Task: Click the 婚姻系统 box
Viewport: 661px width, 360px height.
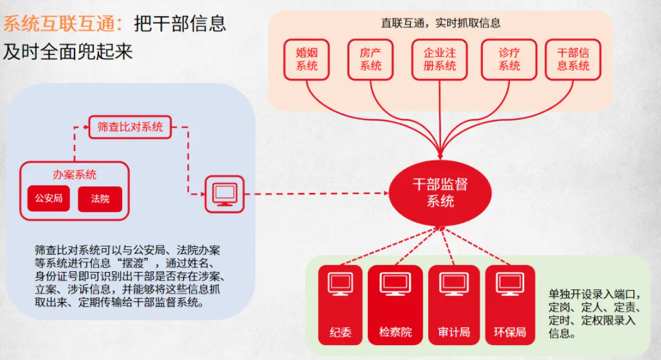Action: [x=307, y=59]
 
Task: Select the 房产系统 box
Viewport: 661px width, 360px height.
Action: [x=370, y=59]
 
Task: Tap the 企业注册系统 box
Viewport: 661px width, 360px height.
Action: [x=440, y=59]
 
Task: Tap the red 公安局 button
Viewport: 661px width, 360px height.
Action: [x=49, y=199]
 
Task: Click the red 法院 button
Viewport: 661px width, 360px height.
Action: [x=100, y=199]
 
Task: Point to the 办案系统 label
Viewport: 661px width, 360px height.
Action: [x=75, y=174]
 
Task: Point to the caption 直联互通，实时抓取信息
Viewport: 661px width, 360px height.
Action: [x=440, y=23]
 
